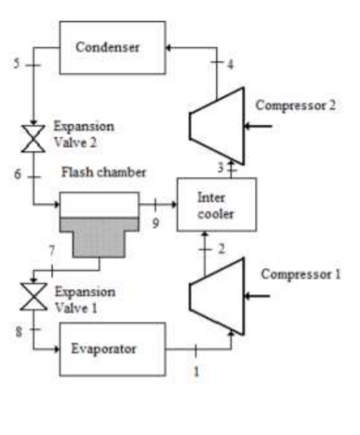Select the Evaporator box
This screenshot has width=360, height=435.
pos(112,349)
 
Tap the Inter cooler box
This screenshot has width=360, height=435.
pos(216,205)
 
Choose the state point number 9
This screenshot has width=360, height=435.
pos(155,223)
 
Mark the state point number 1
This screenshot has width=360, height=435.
pos(196,371)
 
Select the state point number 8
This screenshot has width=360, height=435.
pos(17,331)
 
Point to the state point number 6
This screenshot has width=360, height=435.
pos(17,174)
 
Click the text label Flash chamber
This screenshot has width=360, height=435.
pos(104,173)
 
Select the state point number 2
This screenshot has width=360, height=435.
pos(222,249)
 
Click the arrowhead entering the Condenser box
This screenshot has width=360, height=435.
pos(171,47)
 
